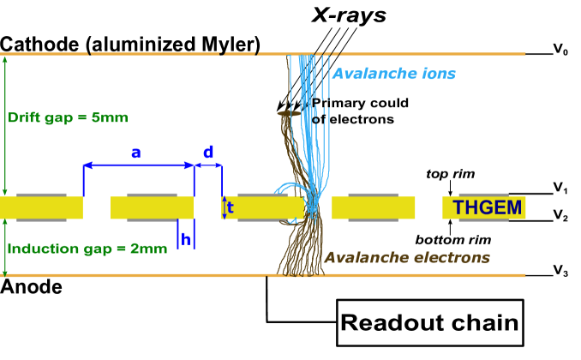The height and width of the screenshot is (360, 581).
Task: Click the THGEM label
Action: tap(486, 207)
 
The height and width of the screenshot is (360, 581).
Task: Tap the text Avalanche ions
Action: tap(393, 74)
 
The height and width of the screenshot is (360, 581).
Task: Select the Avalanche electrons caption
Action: tap(406, 257)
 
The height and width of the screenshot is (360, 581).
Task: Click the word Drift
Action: tap(24, 117)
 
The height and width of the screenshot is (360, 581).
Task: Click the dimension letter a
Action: tap(135, 153)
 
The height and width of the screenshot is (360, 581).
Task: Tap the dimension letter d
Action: tap(208, 153)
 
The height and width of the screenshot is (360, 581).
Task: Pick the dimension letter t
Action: tap(230, 207)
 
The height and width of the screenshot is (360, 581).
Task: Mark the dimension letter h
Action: tap(185, 240)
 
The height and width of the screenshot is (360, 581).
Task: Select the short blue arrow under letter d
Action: tap(208, 165)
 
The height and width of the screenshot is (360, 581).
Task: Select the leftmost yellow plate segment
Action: tap(41, 207)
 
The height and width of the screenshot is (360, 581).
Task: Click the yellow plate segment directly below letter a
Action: tap(152, 207)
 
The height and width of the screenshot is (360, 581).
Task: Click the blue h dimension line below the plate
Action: tap(177, 234)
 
